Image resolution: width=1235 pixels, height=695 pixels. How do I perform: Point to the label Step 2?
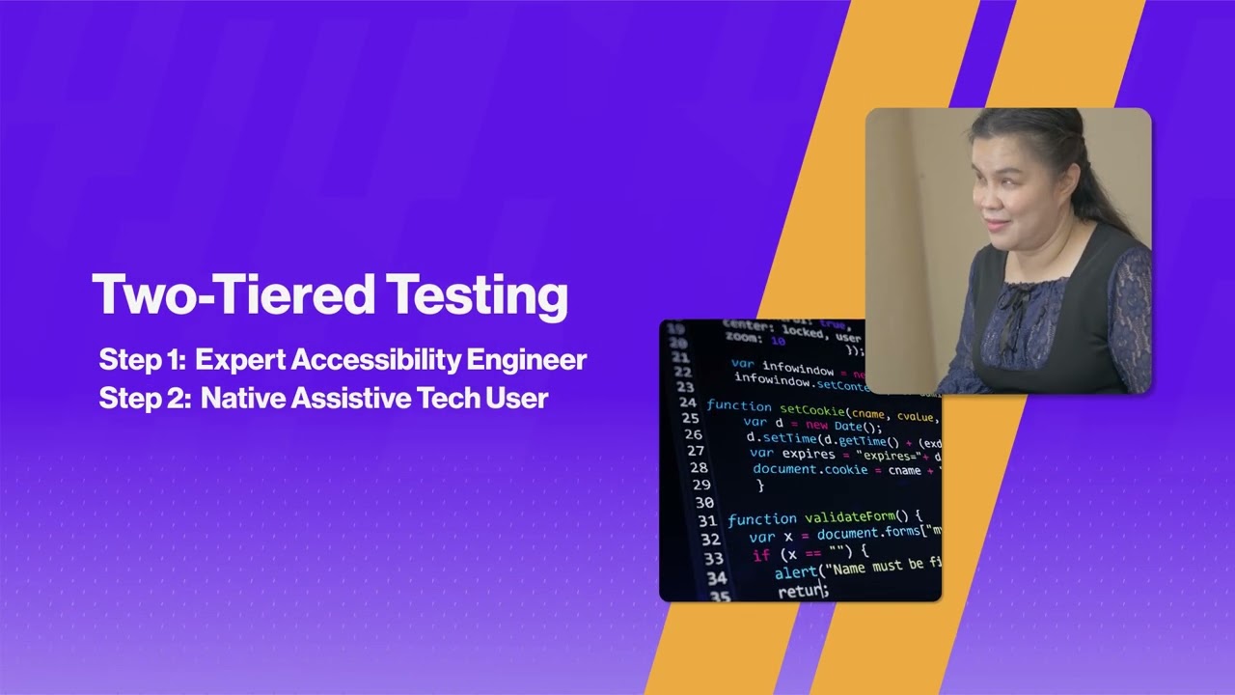pyautogui.click(x=145, y=398)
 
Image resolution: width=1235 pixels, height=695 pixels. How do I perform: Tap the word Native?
pyautogui.click(x=238, y=398)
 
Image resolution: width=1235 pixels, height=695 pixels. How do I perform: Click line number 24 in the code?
pyautogui.click(x=687, y=402)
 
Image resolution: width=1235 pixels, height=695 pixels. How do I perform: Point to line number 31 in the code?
pyautogui.click(x=706, y=521)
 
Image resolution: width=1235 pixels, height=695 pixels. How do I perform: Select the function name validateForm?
pyautogui.click(x=849, y=517)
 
